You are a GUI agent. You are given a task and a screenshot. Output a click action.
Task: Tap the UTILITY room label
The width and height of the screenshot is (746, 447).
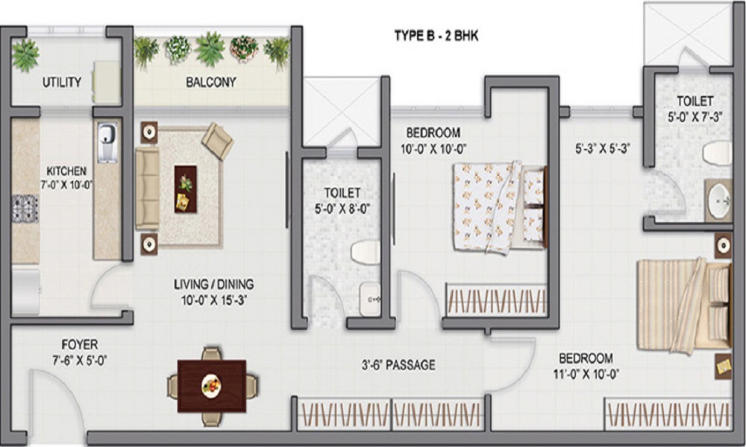61,82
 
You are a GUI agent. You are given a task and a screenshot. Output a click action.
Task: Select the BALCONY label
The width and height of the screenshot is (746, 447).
210,82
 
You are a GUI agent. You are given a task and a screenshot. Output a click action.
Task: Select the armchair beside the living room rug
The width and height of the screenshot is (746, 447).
218,140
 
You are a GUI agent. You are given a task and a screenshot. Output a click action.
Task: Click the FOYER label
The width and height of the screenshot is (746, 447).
79,344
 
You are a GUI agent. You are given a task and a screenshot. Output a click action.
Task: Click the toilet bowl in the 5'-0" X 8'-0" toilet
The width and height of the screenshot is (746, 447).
366,251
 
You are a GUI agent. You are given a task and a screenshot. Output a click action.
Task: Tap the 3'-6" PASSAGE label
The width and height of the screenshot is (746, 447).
395,365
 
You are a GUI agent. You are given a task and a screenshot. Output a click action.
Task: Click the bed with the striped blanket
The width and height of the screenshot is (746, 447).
683,304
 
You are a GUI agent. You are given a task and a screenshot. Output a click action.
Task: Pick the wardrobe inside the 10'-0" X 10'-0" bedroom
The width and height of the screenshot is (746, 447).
495,302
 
